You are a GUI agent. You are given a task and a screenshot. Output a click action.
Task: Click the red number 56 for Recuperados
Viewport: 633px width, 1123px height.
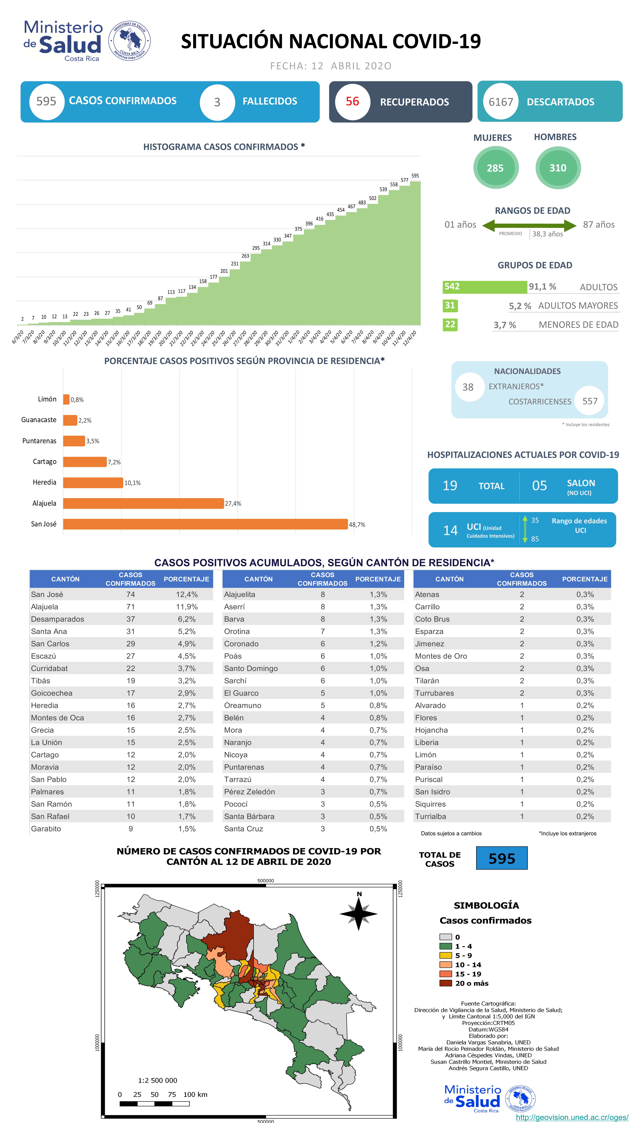tap(352, 102)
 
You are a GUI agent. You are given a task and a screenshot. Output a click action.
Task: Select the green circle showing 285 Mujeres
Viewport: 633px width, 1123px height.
tap(495, 168)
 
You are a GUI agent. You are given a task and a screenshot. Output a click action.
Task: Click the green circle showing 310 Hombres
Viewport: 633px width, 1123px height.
tap(558, 168)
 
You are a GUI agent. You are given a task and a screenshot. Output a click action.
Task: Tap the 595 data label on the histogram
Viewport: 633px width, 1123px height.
tap(415, 176)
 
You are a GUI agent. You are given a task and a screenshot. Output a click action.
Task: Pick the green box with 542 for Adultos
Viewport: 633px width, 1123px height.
tap(484, 287)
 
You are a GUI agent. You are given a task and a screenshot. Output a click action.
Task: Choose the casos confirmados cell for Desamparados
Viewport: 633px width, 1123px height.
tap(130, 619)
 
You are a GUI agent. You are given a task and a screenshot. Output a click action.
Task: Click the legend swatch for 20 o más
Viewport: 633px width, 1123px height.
tap(445, 983)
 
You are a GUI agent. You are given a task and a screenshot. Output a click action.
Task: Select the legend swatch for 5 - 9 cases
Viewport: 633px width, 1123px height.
tap(445, 955)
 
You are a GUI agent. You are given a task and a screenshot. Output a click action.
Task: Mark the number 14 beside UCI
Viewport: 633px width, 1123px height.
tap(450, 530)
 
